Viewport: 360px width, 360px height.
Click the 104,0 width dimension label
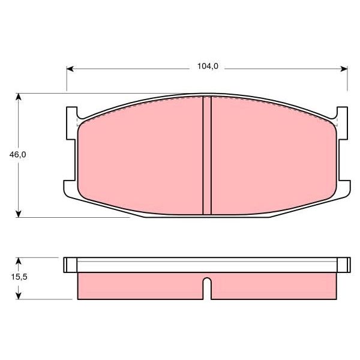pos(208,67)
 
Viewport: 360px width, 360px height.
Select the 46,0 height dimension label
pos(17,155)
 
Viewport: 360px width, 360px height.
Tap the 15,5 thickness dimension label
pos(19,277)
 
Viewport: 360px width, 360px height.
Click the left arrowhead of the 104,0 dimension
pos(70,69)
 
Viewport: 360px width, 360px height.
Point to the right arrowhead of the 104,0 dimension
pos(344,69)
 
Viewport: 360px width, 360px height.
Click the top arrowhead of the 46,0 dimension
pos(19,97)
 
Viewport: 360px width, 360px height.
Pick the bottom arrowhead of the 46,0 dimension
pos(19,214)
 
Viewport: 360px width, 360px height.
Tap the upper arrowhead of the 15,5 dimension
pos(19,261)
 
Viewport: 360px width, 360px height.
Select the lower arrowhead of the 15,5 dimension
pos(19,296)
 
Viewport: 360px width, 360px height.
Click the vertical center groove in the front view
pos(207,155)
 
